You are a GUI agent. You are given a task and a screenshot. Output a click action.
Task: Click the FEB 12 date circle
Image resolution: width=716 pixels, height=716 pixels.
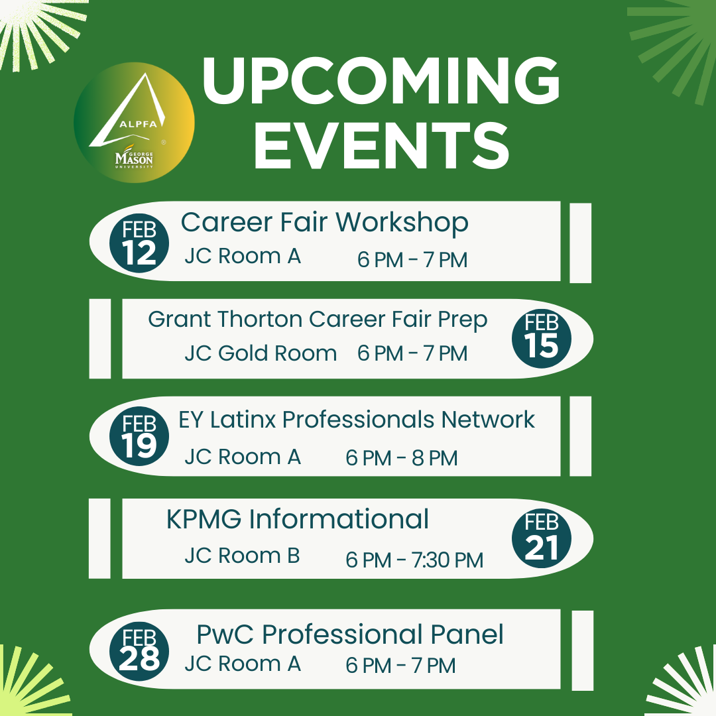tap(139, 243)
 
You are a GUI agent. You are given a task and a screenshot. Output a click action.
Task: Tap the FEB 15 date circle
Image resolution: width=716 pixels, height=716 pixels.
tap(542, 338)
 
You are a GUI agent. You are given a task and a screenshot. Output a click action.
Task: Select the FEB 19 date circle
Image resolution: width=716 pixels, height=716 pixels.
tap(139, 436)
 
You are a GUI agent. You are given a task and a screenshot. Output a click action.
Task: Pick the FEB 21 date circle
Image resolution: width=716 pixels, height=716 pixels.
tap(542, 538)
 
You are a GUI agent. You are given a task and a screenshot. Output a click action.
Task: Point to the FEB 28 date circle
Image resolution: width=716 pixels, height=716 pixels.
tap(139, 651)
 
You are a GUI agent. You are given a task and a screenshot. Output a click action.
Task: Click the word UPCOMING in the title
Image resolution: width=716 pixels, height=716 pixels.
tap(381, 81)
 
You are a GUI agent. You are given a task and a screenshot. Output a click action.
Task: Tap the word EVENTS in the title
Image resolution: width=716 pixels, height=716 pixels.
tap(381, 146)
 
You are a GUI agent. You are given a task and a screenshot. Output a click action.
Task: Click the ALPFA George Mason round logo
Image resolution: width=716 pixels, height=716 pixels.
tap(134, 123)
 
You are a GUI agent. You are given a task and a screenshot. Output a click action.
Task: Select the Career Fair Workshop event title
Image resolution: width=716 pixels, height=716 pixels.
tap(325, 223)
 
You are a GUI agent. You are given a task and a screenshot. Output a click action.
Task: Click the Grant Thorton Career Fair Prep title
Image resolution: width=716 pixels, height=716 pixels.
tap(318, 320)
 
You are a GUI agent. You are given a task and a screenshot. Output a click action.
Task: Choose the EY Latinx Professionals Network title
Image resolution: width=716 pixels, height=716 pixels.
tap(357, 420)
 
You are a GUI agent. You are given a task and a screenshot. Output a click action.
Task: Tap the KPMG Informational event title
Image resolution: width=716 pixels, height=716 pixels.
tap(298, 519)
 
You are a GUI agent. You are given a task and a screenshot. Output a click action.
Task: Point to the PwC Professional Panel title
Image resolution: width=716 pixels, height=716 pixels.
tap(350, 634)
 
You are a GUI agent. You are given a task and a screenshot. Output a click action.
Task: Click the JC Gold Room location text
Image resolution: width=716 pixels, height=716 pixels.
tap(261, 353)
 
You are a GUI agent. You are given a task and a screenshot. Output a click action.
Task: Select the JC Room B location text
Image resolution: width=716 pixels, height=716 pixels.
tap(242, 556)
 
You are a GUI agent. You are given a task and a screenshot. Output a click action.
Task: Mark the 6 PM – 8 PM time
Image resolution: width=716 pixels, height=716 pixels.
tap(401, 458)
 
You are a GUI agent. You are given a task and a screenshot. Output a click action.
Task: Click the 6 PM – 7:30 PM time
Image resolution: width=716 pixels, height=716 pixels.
tap(414, 560)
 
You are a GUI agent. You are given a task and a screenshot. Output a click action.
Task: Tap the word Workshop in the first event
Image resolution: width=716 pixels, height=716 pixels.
tap(402, 223)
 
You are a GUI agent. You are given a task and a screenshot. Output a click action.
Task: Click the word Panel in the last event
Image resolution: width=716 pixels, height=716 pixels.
tap(467, 634)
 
